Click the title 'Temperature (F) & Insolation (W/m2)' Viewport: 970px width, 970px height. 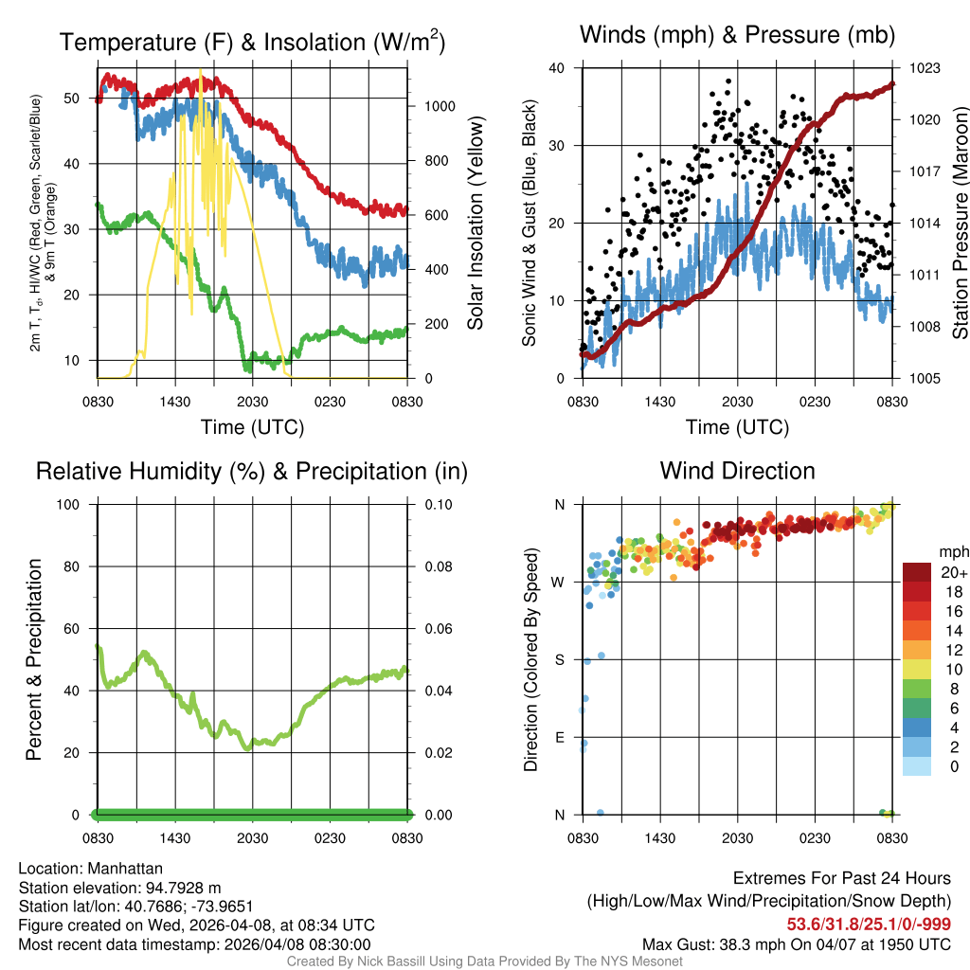tap(252, 42)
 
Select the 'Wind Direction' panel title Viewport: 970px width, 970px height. tap(737, 471)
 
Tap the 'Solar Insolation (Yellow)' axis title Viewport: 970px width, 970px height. tap(476, 223)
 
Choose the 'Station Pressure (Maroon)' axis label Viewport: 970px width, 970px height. tap(959, 223)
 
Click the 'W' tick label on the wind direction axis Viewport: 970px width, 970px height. tap(559, 582)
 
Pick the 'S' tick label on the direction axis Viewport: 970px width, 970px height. tap(559, 659)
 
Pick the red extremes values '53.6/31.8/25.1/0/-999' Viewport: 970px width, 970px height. tap(869, 925)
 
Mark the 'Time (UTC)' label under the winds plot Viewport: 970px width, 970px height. tap(737, 427)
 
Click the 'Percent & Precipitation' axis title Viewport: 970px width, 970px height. tap(34, 659)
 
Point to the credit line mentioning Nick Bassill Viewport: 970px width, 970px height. tap(484, 961)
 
